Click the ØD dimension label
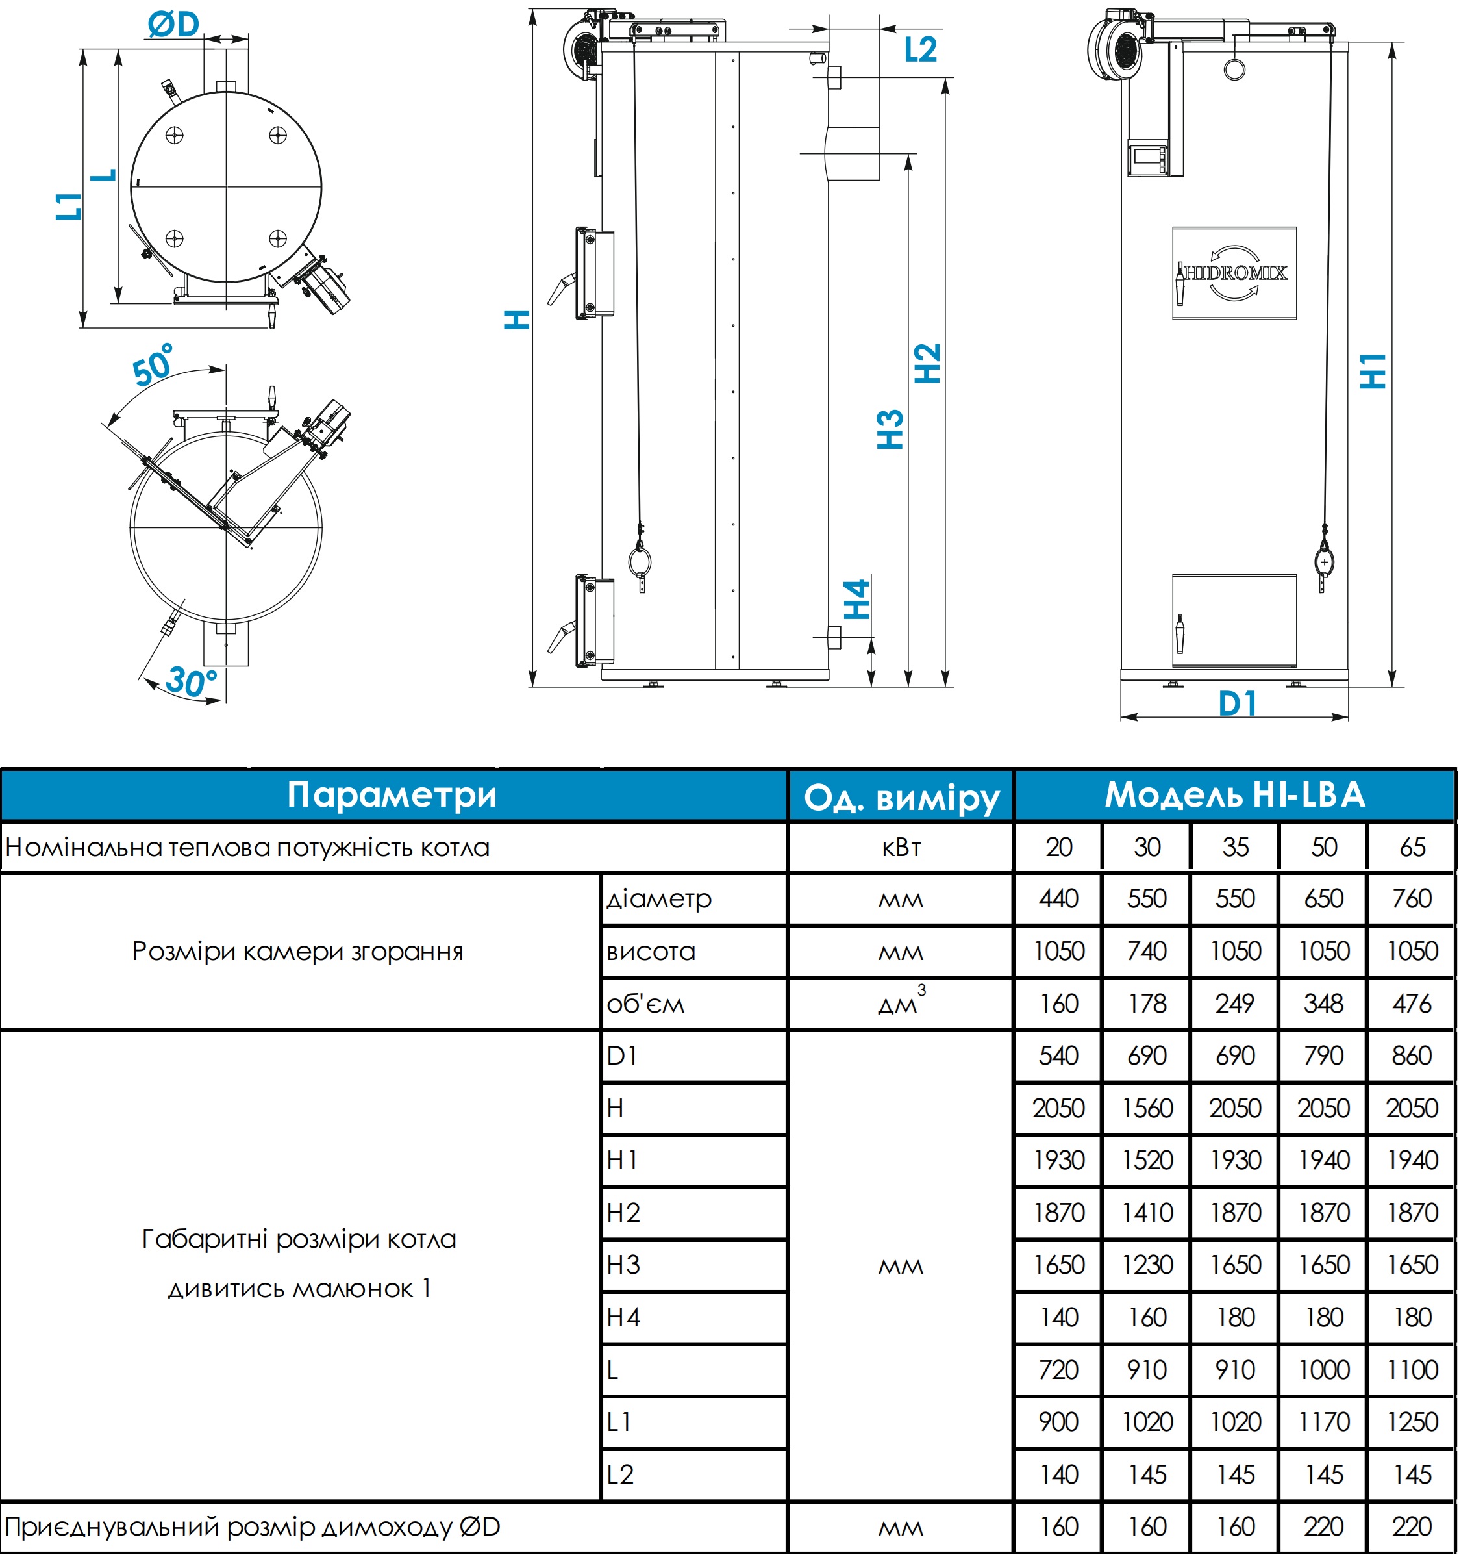coord(173,24)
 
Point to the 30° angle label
coord(191,682)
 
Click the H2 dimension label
coord(927,364)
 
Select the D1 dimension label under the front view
coord(1238,704)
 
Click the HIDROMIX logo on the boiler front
coord(1234,273)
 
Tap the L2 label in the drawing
coord(920,50)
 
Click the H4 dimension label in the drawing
coord(857,599)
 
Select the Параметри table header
coord(392,794)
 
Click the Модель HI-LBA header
coord(1234,794)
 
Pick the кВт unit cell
coord(901,847)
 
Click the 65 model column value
coord(1412,847)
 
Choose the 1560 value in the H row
coord(1147,1108)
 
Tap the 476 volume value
coord(1412,1004)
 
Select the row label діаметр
coord(659,899)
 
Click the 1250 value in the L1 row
coord(1412,1421)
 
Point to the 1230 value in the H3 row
coord(1147,1265)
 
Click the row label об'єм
coord(645,1004)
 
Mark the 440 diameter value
coord(1058,899)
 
